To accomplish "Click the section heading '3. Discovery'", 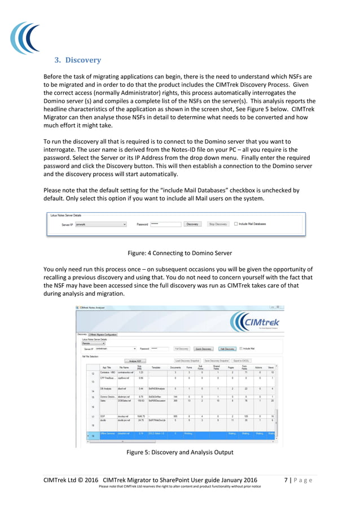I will coord(77,60).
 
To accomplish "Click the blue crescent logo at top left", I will coord(25,38).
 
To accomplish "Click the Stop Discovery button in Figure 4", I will coord(217,224).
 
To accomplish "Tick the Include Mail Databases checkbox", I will coord(236,224).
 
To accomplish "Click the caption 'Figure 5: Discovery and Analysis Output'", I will coord(180,453).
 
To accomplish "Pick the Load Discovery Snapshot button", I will coord(187,360).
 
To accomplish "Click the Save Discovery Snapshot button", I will coord(217,360).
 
